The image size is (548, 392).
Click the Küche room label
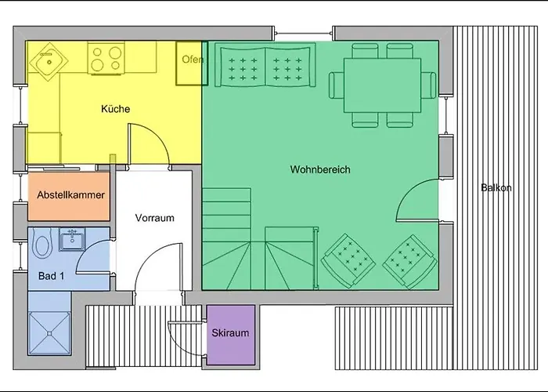[x=115, y=109]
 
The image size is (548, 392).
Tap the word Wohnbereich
[x=320, y=169]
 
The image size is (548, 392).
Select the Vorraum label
[x=154, y=218]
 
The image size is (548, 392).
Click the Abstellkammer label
[x=70, y=195]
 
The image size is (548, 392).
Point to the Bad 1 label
[x=52, y=276]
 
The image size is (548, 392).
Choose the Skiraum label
[x=230, y=332]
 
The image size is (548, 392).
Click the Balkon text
[x=496, y=187]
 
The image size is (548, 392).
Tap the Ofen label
[x=193, y=59]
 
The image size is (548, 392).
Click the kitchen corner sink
[x=49, y=62]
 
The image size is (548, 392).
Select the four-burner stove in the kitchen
[x=106, y=59]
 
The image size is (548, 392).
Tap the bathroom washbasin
[x=72, y=239]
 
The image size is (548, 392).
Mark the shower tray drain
[x=49, y=333]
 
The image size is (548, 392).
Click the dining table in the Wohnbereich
[x=382, y=85]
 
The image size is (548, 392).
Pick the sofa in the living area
[x=265, y=65]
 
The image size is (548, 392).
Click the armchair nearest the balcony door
[x=410, y=261]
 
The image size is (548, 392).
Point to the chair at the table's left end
[x=337, y=85]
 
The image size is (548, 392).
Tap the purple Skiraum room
[x=231, y=336]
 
